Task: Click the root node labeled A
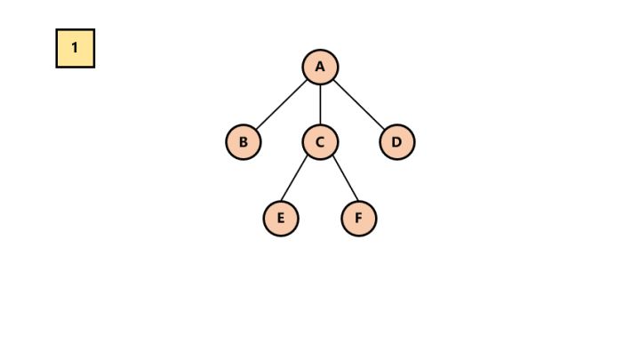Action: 320,67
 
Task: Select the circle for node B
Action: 243,142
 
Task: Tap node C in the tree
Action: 320,142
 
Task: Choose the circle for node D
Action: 396,142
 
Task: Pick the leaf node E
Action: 281,219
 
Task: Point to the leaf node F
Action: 358,219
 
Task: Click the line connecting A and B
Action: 281,105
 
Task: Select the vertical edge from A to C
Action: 320,105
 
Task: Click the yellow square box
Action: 76,48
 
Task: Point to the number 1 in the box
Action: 76,48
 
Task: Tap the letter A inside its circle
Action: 320,67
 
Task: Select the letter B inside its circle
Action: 243,142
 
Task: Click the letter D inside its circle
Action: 396,142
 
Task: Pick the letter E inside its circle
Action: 281,219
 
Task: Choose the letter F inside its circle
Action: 358,219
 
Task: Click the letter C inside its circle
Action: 320,142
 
